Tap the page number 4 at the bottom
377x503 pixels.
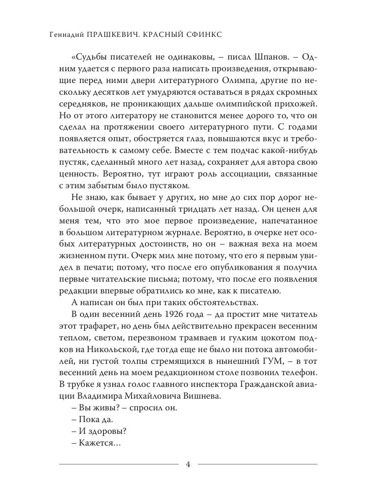coord(188,464)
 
